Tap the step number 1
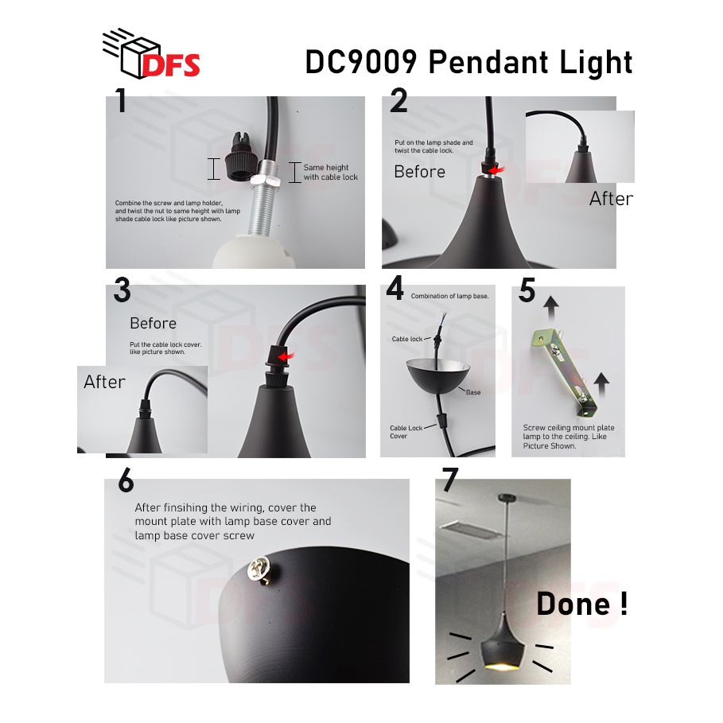point(121,100)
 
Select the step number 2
point(398,101)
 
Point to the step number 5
point(527,291)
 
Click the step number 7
point(450,480)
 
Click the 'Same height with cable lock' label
point(330,173)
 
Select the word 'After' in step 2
point(611,199)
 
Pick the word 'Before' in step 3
point(153,323)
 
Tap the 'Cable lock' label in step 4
point(407,339)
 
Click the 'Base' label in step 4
point(473,392)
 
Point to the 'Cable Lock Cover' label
point(406,432)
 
